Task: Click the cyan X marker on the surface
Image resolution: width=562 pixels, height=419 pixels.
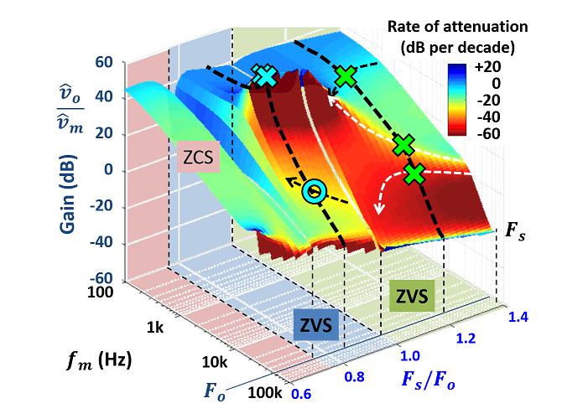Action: coord(265,77)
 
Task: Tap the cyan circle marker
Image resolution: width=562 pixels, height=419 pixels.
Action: coord(314,192)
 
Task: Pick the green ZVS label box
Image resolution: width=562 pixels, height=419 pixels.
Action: coord(412,296)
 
